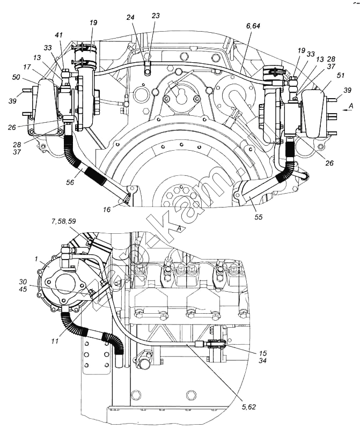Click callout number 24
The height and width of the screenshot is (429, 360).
[x=130, y=17]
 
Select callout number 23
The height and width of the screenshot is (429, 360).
[x=156, y=16]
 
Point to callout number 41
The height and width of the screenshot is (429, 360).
[x=59, y=35]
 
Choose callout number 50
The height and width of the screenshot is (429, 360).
[x=16, y=77]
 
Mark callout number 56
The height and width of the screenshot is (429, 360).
[x=70, y=182]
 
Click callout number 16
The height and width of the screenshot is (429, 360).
[x=107, y=210]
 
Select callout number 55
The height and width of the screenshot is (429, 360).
[x=258, y=217]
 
